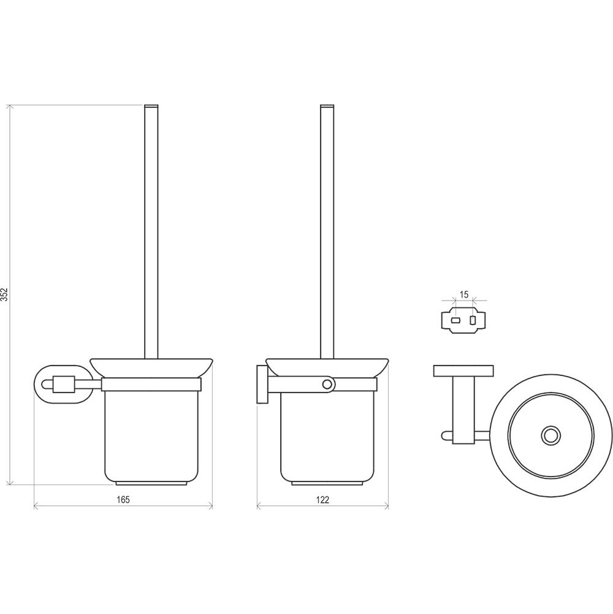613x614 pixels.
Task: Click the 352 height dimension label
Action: tap(5, 294)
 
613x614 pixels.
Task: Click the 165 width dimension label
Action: tap(123, 499)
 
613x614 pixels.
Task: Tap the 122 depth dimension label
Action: tap(322, 500)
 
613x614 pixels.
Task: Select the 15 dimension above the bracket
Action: tap(463, 294)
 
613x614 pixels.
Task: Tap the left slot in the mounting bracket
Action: tap(455, 320)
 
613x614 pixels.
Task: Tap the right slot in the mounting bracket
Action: tap(473, 320)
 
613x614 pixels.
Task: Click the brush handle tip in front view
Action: tap(151, 107)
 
